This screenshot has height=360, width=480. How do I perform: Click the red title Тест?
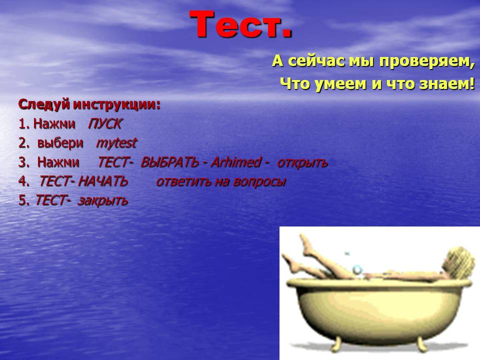241,24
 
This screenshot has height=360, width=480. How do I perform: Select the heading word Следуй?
44,104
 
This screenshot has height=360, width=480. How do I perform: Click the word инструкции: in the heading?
116,104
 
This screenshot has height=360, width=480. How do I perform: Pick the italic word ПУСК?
104,123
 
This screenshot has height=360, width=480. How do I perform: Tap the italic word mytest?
116,143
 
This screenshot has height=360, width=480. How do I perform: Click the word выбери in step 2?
60,143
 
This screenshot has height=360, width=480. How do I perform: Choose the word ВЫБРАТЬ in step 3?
169,162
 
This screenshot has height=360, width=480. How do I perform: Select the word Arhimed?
236,162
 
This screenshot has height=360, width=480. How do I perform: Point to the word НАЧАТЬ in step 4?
102,181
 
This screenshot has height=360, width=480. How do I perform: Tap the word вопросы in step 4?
259,182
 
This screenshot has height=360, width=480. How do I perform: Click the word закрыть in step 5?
103,201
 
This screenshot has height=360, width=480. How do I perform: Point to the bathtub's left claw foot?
336,343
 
